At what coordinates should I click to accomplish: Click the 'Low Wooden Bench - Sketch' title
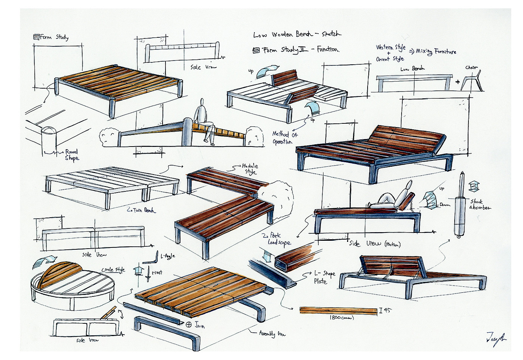click(297, 34)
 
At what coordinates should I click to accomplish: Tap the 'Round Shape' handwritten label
click(71, 155)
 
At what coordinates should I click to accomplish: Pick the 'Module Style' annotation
click(250, 169)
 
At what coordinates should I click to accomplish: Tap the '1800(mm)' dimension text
click(341, 318)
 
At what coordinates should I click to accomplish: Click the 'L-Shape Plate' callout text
click(324, 277)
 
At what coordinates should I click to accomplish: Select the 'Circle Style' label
click(113, 270)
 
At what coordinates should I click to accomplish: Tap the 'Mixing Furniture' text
click(436, 52)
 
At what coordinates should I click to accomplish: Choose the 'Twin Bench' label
click(141, 210)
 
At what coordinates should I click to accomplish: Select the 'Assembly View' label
click(272, 333)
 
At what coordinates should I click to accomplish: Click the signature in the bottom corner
click(496, 338)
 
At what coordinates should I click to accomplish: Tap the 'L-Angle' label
click(167, 256)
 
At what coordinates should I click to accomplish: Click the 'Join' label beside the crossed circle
click(199, 325)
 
